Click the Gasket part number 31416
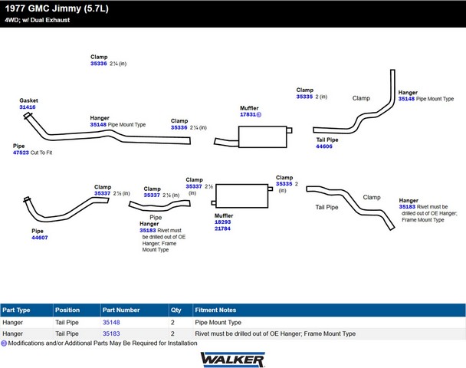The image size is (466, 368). tap(28, 107)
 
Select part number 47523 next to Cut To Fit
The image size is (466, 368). tap(21, 153)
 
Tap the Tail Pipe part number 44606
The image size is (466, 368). tap(324, 146)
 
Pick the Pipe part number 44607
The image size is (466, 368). tap(40, 238)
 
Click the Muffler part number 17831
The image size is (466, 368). tap(248, 115)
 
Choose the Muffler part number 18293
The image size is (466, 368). tap(222, 222)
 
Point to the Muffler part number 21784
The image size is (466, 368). tap(222, 228)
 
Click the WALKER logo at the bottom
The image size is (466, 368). tap(232, 359)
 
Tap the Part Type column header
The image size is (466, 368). tap(17, 310)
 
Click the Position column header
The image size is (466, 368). tap(67, 310)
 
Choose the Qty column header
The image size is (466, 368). tap(177, 310)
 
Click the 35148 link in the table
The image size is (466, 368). tap(111, 323)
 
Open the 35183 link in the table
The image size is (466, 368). tap(111, 334)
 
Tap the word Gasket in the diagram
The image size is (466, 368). tap(29, 100)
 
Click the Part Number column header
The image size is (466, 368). tap(121, 310)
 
